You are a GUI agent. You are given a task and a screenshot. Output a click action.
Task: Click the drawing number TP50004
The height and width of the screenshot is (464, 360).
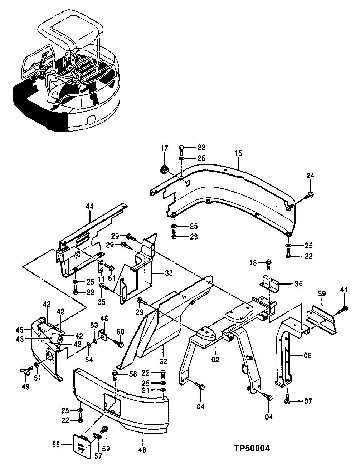click(252, 448)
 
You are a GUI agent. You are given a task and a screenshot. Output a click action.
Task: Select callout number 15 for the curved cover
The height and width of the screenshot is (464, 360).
click(239, 153)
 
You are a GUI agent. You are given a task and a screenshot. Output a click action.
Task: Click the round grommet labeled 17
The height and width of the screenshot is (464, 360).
click(164, 170)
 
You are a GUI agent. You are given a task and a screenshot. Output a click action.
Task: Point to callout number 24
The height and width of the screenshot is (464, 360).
click(310, 176)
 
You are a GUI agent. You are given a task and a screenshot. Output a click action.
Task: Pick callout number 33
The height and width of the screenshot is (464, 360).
click(169, 273)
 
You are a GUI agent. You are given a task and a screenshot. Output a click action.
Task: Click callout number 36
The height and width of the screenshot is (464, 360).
click(299, 284)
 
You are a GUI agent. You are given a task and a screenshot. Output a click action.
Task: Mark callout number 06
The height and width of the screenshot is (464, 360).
click(308, 356)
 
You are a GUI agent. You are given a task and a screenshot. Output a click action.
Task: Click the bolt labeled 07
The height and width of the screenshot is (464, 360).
click(287, 401)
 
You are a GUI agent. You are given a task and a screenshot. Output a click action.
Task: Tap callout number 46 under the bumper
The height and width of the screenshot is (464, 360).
click(142, 450)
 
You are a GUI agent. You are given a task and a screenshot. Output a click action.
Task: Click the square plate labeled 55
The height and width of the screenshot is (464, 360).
click(82, 445)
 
